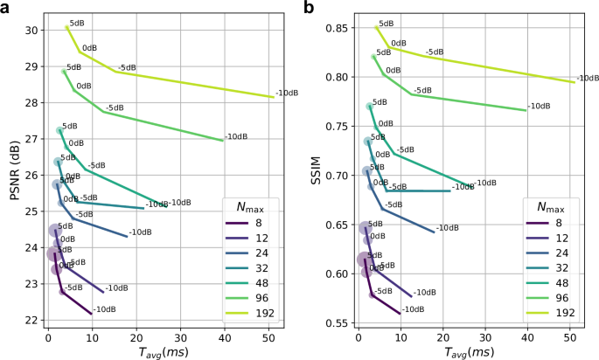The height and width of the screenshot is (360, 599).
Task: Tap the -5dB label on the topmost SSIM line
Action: [x=435, y=52]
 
